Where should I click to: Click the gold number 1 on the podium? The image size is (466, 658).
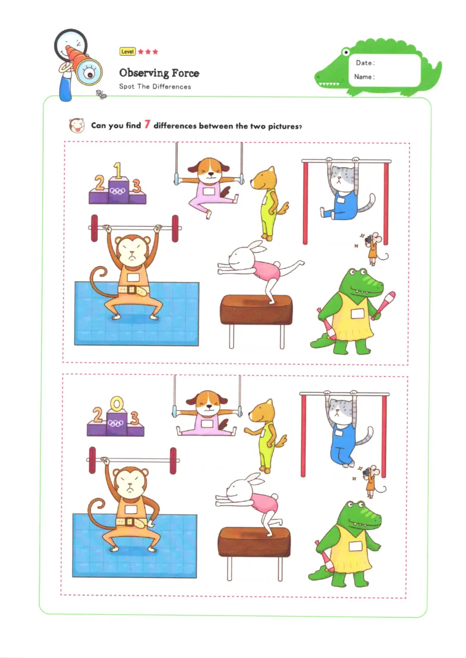(x=117, y=172)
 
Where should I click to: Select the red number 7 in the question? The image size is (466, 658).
(x=147, y=124)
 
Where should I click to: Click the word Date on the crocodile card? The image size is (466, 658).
(x=364, y=63)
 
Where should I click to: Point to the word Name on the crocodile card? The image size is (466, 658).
(x=364, y=77)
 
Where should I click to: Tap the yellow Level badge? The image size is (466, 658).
(x=127, y=52)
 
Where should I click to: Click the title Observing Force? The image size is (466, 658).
(x=159, y=73)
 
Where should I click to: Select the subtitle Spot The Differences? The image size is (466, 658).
(x=155, y=87)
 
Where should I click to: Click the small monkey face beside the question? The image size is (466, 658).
(x=75, y=125)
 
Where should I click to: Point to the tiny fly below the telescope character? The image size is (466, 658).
(x=102, y=94)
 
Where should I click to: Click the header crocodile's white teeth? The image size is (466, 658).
(x=330, y=85)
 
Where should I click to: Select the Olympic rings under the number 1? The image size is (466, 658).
(x=118, y=190)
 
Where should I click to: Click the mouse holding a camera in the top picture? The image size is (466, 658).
(x=372, y=246)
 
